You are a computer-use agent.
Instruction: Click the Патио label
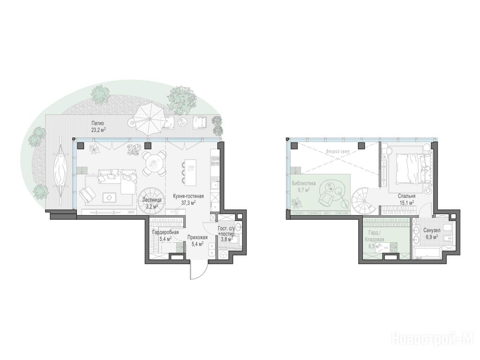point(98,123)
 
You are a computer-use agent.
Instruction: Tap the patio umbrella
point(149,120)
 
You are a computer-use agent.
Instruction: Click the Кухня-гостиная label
point(188,196)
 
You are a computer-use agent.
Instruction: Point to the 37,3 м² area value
point(188,202)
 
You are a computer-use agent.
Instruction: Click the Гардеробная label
point(165,232)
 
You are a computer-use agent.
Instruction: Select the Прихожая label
point(197,237)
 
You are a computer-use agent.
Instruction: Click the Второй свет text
point(337,151)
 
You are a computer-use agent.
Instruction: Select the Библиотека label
point(304,184)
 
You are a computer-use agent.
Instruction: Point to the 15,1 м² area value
point(406,202)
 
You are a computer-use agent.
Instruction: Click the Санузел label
point(432,230)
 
